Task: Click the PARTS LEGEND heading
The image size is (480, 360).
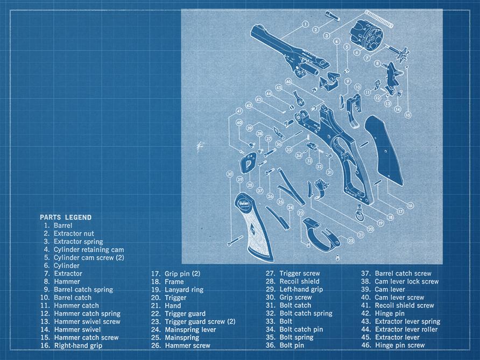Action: (66, 217)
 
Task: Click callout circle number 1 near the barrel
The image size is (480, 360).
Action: (305, 24)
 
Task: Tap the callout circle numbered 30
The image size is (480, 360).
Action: (230, 174)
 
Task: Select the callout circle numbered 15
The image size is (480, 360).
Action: (408, 115)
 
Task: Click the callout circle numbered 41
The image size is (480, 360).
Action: (239, 111)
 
